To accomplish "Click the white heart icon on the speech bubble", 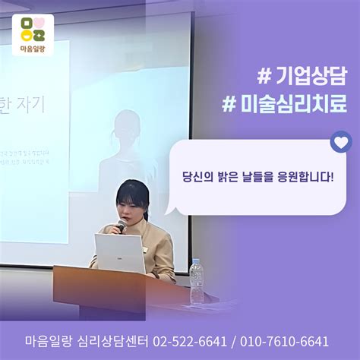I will tap(341, 141).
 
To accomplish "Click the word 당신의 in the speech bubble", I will tap(199, 174).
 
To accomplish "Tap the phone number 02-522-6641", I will tap(185, 341).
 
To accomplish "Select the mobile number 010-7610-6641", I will tap(285, 341).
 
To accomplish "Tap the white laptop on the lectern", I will tap(119, 254).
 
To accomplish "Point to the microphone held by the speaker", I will tap(120, 226).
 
